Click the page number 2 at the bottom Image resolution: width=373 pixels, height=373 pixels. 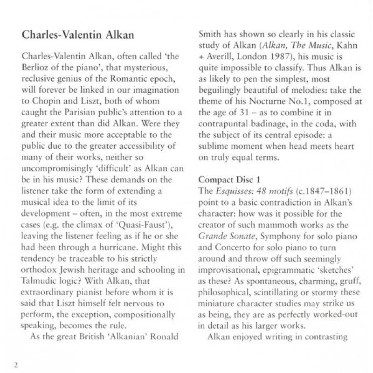click(16, 364)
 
